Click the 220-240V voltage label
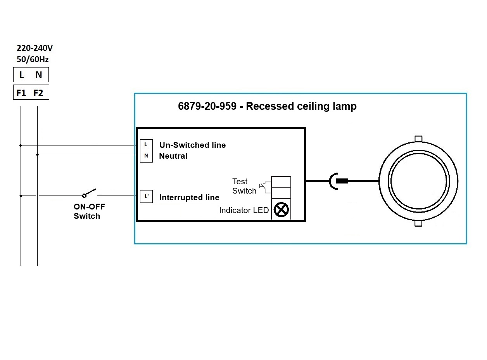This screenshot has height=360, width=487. [x=35, y=48]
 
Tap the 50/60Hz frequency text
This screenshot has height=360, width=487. [x=33, y=59]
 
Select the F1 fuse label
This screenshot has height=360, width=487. [x=21, y=93]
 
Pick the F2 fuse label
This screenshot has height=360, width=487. [x=38, y=93]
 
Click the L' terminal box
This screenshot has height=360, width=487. [x=146, y=196]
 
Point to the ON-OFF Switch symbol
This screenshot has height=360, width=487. [x=89, y=193]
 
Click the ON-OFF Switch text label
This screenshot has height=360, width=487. [x=89, y=211]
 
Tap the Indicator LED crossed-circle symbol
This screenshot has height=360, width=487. [x=281, y=210]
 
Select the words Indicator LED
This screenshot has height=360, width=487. [x=244, y=210]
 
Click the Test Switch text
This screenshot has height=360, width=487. [x=244, y=186]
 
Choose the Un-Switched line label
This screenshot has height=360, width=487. [x=192, y=145]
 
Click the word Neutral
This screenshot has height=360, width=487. [x=173, y=156]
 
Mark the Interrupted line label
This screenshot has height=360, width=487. [x=189, y=197]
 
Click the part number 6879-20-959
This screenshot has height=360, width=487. [x=207, y=106]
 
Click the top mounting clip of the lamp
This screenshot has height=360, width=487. [x=418, y=139]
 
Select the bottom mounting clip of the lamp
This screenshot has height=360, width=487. [x=418, y=223]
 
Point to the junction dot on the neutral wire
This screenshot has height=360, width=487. [x=37, y=155]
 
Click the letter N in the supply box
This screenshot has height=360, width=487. [x=38, y=75]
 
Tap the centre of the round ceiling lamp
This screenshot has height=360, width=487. [x=418, y=181]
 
